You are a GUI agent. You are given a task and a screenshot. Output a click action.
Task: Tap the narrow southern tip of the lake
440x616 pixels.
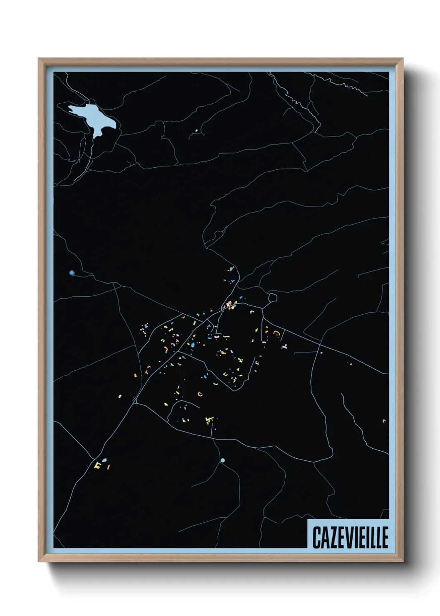(96, 136)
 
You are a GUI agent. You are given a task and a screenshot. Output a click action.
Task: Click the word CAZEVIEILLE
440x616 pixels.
(350, 537)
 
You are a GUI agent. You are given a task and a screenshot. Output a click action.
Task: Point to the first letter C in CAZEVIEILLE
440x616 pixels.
(316, 537)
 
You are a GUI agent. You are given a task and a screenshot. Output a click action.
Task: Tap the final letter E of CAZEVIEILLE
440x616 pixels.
(384, 537)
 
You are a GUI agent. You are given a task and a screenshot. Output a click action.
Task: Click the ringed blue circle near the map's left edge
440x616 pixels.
(72, 273)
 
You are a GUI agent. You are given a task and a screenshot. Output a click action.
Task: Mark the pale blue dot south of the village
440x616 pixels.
(222, 460)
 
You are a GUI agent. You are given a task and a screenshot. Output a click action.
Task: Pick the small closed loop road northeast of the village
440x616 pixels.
(272, 298)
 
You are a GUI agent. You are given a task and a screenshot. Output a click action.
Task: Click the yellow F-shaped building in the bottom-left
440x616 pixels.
(97, 464)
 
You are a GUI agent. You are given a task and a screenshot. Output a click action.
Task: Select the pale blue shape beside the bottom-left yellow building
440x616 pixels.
(104, 460)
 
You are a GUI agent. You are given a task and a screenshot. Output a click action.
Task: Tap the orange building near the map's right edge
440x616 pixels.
(384, 421)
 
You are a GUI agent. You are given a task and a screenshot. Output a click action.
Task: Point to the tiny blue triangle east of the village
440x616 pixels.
(321, 353)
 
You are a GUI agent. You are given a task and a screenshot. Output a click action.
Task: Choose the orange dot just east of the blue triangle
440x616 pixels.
(350, 364)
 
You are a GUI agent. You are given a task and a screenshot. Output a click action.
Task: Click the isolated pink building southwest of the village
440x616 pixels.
(120, 396)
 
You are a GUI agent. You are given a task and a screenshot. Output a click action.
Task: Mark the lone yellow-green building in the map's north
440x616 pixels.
(196, 131)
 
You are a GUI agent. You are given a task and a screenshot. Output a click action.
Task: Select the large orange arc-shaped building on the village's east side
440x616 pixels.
(276, 333)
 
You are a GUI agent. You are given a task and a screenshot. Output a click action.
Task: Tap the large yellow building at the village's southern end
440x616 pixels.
(210, 420)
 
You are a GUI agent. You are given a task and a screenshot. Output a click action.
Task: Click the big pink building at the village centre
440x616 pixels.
(229, 304)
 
